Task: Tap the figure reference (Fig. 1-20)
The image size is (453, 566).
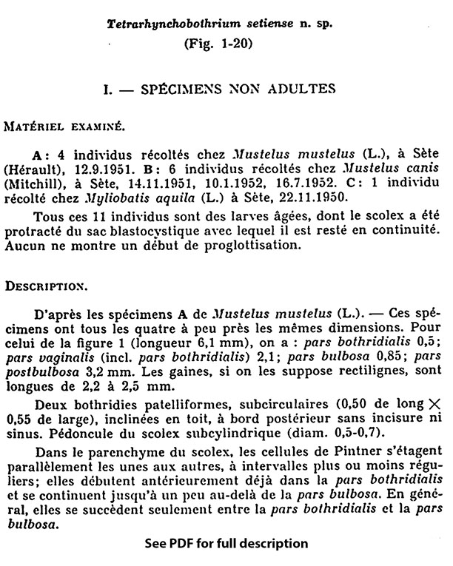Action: pos(218,43)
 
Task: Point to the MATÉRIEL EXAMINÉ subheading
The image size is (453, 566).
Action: pos(57,127)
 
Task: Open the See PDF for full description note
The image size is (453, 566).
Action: pos(226,544)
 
